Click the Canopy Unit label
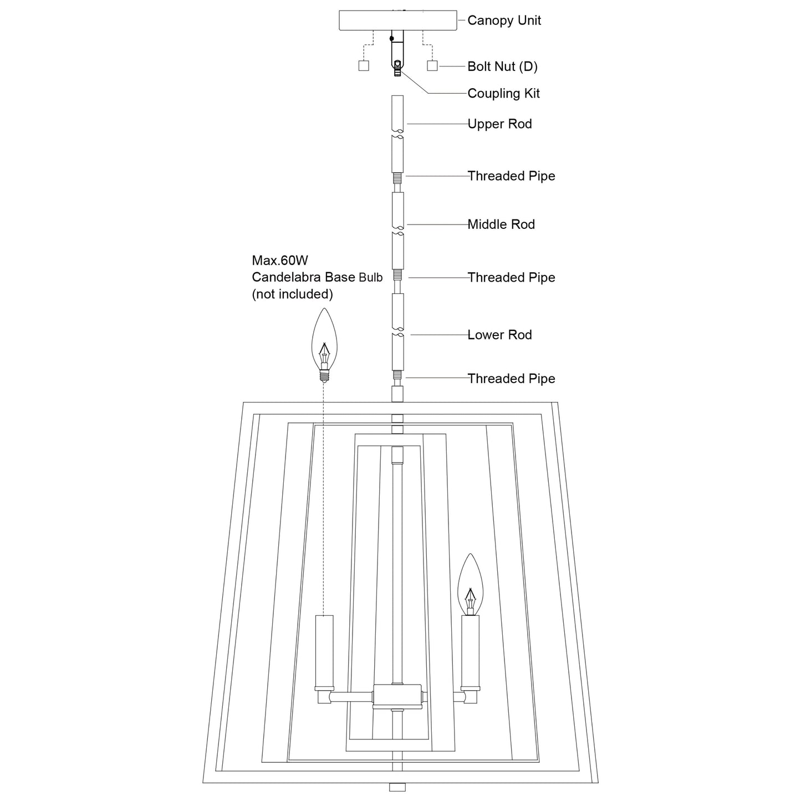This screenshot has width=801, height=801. pyautogui.click(x=504, y=21)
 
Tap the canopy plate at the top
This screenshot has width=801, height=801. pyautogui.click(x=397, y=21)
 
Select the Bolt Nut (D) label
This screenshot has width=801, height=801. pyautogui.click(x=502, y=67)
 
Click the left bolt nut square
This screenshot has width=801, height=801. pyautogui.click(x=364, y=66)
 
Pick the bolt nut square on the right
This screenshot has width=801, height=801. pyautogui.click(x=432, y=66)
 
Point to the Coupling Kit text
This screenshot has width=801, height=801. pyautogui.click(x=503, y=94)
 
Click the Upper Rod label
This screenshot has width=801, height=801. pyautogui.click(x=499, y=124)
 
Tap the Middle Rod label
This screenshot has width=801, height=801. pyautogui.click(x=501, y=225)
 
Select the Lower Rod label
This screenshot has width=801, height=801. pyautogui.click(x=499, y=335)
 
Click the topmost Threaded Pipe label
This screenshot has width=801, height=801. pyautogui.click(x=511, y=176)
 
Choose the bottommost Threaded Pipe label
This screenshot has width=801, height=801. pyautogui.click(x=511, y=379)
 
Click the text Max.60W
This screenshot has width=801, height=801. pyautogui.click(x=279, y=261)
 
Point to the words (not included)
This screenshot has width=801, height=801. pyautogui.click(x=292, y=294)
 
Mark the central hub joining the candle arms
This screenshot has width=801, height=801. pyautogui.click(x=397, y=696)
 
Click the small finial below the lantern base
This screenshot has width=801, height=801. pyautogui.click(x=397, y=787)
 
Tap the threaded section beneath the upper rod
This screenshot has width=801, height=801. pyautogui.click(x=397, y=178)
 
